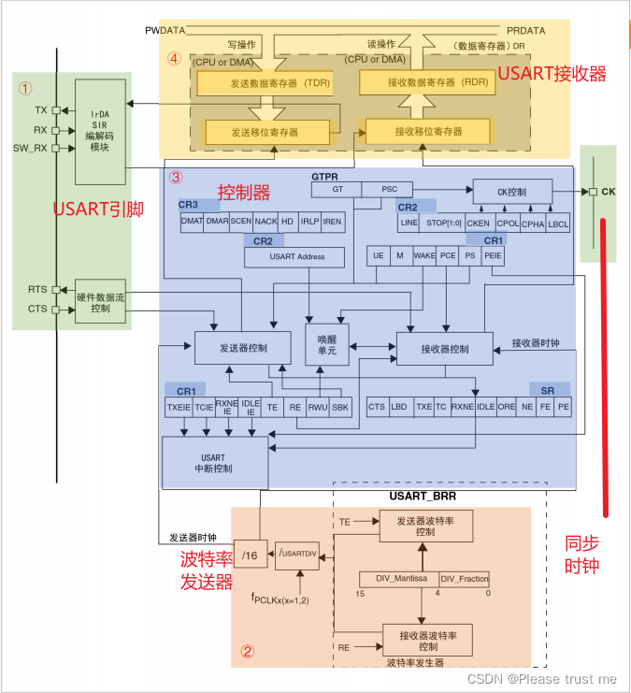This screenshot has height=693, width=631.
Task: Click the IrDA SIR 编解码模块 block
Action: pyautogui.click(x=99, y=131)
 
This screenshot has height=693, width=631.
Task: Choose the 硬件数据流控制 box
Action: pyautogui.click(x=100, y=302)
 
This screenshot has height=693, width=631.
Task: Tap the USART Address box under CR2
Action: pyautogui.click(x=296, y=257)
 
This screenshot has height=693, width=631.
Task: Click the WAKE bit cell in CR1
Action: pyautogui.click(x=424, y=255)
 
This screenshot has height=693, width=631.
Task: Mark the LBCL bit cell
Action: pyautogui.click(x=557, y=224)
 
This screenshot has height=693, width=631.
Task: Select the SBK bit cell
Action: pyautogui.click(x=339, y=407)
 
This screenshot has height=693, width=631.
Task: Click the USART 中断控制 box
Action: pyautogui.click(x=212, y=462)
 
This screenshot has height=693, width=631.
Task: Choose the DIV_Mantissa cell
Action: pyautogui.click(x=398, y=579)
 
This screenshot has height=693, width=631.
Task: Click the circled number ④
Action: pyautogui.click(x=174, y=58)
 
